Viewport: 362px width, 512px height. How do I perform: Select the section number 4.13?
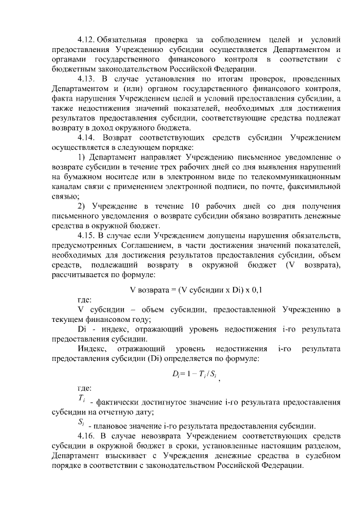87,78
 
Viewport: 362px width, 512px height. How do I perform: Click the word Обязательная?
123,40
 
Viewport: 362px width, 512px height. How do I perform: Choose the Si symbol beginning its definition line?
81,424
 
